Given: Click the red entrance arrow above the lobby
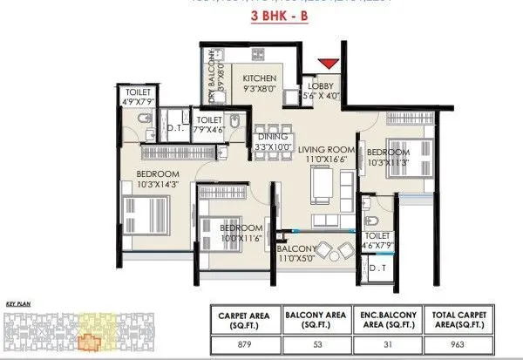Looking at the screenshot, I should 328,64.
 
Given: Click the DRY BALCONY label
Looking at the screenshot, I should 215,80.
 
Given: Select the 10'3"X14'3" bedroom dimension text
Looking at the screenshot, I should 157,185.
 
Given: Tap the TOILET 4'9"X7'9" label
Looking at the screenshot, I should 139,96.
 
